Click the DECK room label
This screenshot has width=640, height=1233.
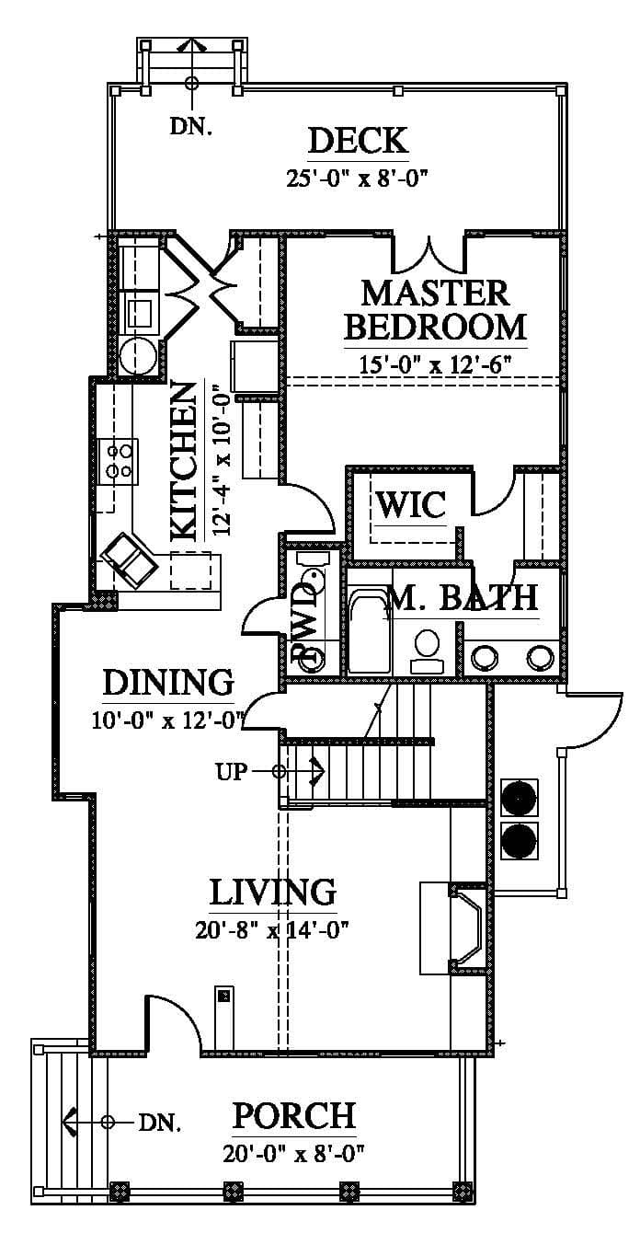coord(359,141)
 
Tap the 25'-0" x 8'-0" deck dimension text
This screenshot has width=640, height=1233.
coord(357,179)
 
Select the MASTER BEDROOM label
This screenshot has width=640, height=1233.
coord(435,310)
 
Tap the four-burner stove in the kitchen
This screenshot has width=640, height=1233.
coord(119,461)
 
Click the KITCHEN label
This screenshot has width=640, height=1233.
coord(184,460)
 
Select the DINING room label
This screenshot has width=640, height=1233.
coord(168,683)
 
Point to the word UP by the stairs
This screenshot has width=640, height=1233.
coord(231,772)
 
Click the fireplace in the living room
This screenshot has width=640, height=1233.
coord(466,928)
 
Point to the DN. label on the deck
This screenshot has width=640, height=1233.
coord(190,127)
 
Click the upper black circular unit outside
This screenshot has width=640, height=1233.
coord(519,797)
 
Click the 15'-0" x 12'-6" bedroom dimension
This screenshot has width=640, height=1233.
coord(436,364)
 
